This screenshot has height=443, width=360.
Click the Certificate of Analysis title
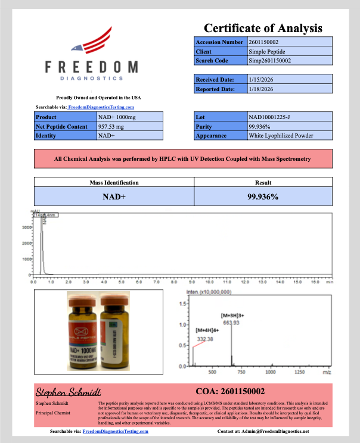[x=263, y=28]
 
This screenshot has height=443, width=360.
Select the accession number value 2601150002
[x=263, y=42]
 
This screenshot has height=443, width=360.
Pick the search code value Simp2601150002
[x=270, y=61]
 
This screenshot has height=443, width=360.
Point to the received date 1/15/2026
[x=260, y=79]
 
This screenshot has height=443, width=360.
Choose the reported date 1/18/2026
[x=260, y=89]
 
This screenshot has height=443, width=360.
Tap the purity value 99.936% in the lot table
[x=260, y=126]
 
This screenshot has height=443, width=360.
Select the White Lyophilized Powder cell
[x=281, y=135]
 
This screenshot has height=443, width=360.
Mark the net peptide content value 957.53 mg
[x=113, y=126]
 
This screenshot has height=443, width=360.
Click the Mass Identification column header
[x=114, y=183]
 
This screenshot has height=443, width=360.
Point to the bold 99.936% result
[x=263, y=196]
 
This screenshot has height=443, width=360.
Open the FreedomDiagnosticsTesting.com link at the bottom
[x=115, y=431]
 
